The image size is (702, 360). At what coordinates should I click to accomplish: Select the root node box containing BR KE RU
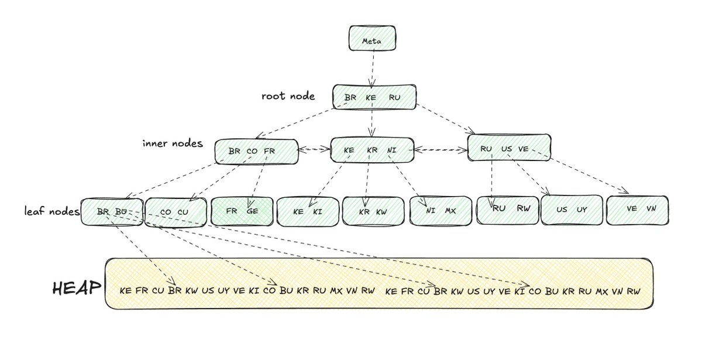(374, 97)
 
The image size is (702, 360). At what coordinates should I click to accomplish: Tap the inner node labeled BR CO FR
(256, 151)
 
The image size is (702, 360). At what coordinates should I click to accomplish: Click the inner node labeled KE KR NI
(372, 150)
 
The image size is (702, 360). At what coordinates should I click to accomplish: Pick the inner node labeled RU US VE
(509, 148)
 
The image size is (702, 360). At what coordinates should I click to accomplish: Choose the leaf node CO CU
(175, 211)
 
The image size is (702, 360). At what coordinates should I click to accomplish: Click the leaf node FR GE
(242, 211)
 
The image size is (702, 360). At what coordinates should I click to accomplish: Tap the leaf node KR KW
(373, 211)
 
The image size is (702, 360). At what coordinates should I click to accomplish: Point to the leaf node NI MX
(440, 210)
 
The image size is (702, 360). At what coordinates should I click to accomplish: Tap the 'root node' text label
(288, 96)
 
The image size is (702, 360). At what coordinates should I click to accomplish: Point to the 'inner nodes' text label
(172, 143)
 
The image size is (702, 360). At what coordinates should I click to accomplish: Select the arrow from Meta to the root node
(371, 67)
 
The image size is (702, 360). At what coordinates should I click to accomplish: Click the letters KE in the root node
(371, 98)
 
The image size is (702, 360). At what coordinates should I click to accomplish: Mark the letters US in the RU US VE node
(507, 149)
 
